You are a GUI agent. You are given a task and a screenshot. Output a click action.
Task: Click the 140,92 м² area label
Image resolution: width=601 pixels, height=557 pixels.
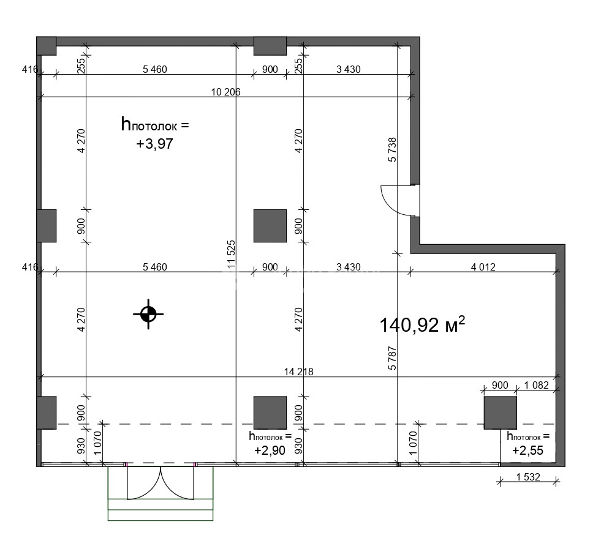pos(422,324)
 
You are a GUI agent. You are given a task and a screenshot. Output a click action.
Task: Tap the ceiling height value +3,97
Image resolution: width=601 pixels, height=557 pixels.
pos(155,144)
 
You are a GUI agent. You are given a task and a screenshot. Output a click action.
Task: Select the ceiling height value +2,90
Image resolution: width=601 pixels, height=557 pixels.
pos(270,450)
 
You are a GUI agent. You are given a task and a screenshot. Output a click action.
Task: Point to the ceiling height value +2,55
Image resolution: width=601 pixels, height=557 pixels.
pos(528,450)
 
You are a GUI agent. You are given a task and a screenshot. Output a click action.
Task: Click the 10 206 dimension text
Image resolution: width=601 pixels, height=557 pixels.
pos(226,92)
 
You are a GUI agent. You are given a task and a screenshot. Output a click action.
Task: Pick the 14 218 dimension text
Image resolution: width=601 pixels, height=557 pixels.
pos(298,372)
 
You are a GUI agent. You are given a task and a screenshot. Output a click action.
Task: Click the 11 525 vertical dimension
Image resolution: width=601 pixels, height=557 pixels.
pos(231,255)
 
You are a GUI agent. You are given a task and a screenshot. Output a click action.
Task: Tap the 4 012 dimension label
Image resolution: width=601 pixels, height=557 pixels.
pos(483,267)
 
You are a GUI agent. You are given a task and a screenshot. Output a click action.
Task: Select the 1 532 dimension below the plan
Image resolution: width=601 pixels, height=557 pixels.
pos(528,477)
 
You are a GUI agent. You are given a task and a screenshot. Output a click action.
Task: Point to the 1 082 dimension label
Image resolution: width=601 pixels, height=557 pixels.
pos(537,385)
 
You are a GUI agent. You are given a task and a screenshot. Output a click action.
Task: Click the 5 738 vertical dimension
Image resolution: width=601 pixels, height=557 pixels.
pos(393,150)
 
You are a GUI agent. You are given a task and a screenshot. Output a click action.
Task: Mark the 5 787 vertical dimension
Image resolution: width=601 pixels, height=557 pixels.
pos(393,358)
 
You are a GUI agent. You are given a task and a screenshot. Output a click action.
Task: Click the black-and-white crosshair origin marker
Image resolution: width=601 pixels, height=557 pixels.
pos(148,314)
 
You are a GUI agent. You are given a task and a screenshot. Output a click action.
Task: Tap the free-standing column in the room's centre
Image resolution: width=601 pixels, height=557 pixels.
pos(270,226)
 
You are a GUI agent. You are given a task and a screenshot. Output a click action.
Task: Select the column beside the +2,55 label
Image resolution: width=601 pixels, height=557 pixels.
pos(500,413)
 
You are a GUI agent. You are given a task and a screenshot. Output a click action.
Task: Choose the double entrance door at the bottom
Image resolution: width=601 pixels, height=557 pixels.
pos(161,483)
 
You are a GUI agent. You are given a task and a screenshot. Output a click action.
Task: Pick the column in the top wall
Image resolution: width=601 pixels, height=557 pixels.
pos(270,46)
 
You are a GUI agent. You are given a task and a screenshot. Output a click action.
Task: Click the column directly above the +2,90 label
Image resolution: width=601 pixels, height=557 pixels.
pos(270,413)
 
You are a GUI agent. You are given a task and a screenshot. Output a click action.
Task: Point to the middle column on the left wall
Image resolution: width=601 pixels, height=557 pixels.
pos(47,226)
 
